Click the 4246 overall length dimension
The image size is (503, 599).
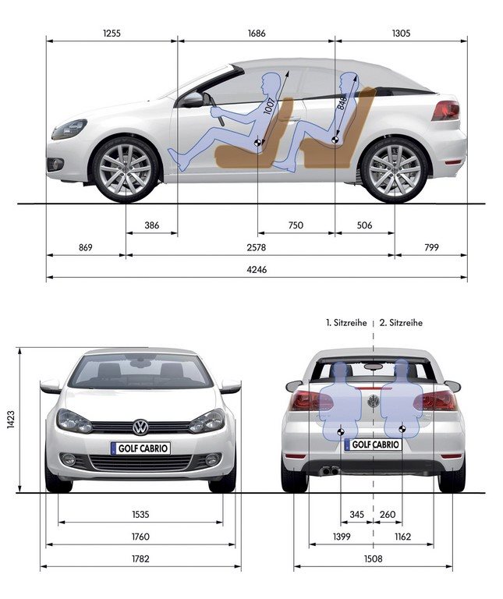pos(257,270)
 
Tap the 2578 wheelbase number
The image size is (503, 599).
pos(256,247)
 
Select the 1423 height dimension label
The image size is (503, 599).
pos(11,420)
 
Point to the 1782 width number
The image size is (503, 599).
pos(140,559)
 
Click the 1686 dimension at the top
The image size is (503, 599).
pos(257,34)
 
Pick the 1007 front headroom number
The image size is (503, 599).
pos(269,106)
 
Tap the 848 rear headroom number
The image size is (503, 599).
pos(342,103)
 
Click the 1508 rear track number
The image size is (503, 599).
pos(373,559)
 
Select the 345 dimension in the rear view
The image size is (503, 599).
pos(356,515)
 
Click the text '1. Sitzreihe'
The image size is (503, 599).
pos(346,323)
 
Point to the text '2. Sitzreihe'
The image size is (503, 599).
pos(401,323)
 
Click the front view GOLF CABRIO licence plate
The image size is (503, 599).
pos(140,448)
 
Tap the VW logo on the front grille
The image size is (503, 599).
pos(140,427)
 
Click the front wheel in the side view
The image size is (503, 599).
pos(126,170)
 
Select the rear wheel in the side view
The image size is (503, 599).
pos(395,170)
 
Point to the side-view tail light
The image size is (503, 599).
pos(446,111)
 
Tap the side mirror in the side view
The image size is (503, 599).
pos(193,100)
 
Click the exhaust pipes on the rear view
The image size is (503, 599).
pos(330,470)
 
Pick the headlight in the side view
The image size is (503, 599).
pos(69,129)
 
